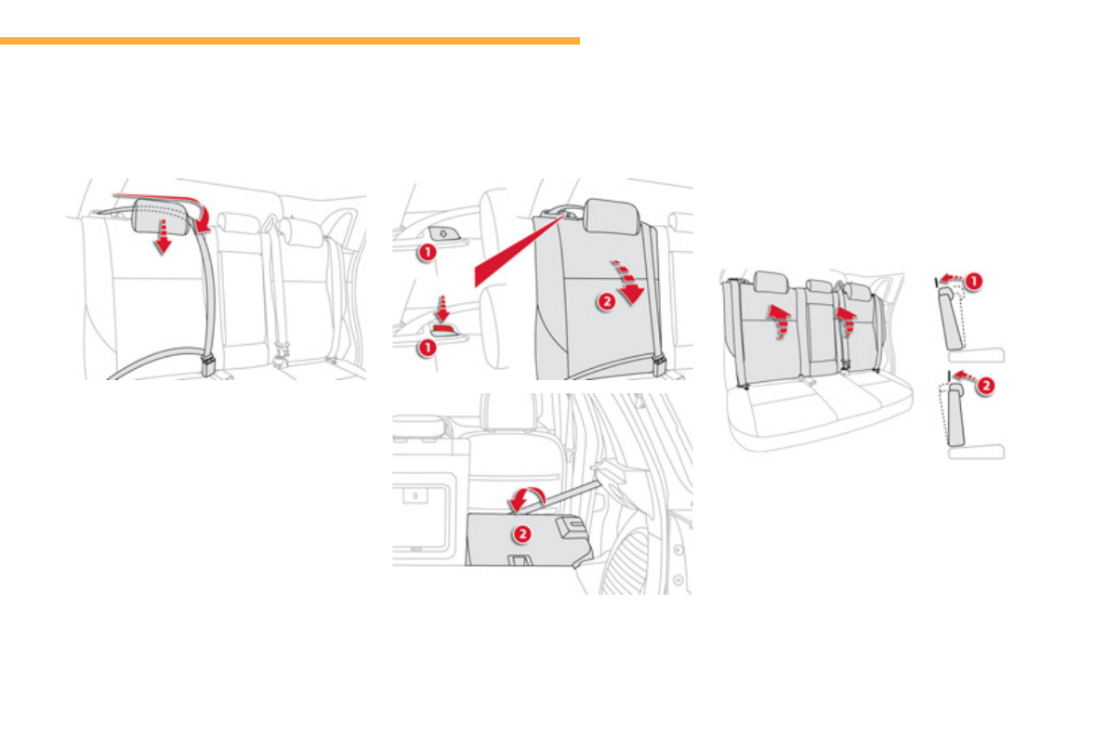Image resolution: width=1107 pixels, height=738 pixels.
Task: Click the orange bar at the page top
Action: [289, 41]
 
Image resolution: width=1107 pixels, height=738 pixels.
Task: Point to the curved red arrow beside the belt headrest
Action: [206, 220]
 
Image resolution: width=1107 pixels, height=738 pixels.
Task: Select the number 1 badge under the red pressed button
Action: [425, 347]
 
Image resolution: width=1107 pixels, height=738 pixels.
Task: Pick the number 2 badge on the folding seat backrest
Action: [605, 303]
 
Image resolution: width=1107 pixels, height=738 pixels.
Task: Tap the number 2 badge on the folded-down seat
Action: [522, 534]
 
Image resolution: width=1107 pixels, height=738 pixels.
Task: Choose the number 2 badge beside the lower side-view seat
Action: [986, 383]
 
